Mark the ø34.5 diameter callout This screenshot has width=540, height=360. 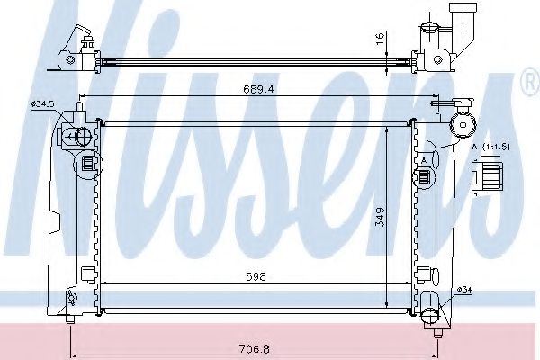[43, 105]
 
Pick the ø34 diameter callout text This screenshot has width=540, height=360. [464, 289]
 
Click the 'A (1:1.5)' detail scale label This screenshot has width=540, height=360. [490, 146]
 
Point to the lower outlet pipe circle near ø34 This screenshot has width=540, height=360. [432, 311]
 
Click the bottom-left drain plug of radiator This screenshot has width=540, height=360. [71, 317]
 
